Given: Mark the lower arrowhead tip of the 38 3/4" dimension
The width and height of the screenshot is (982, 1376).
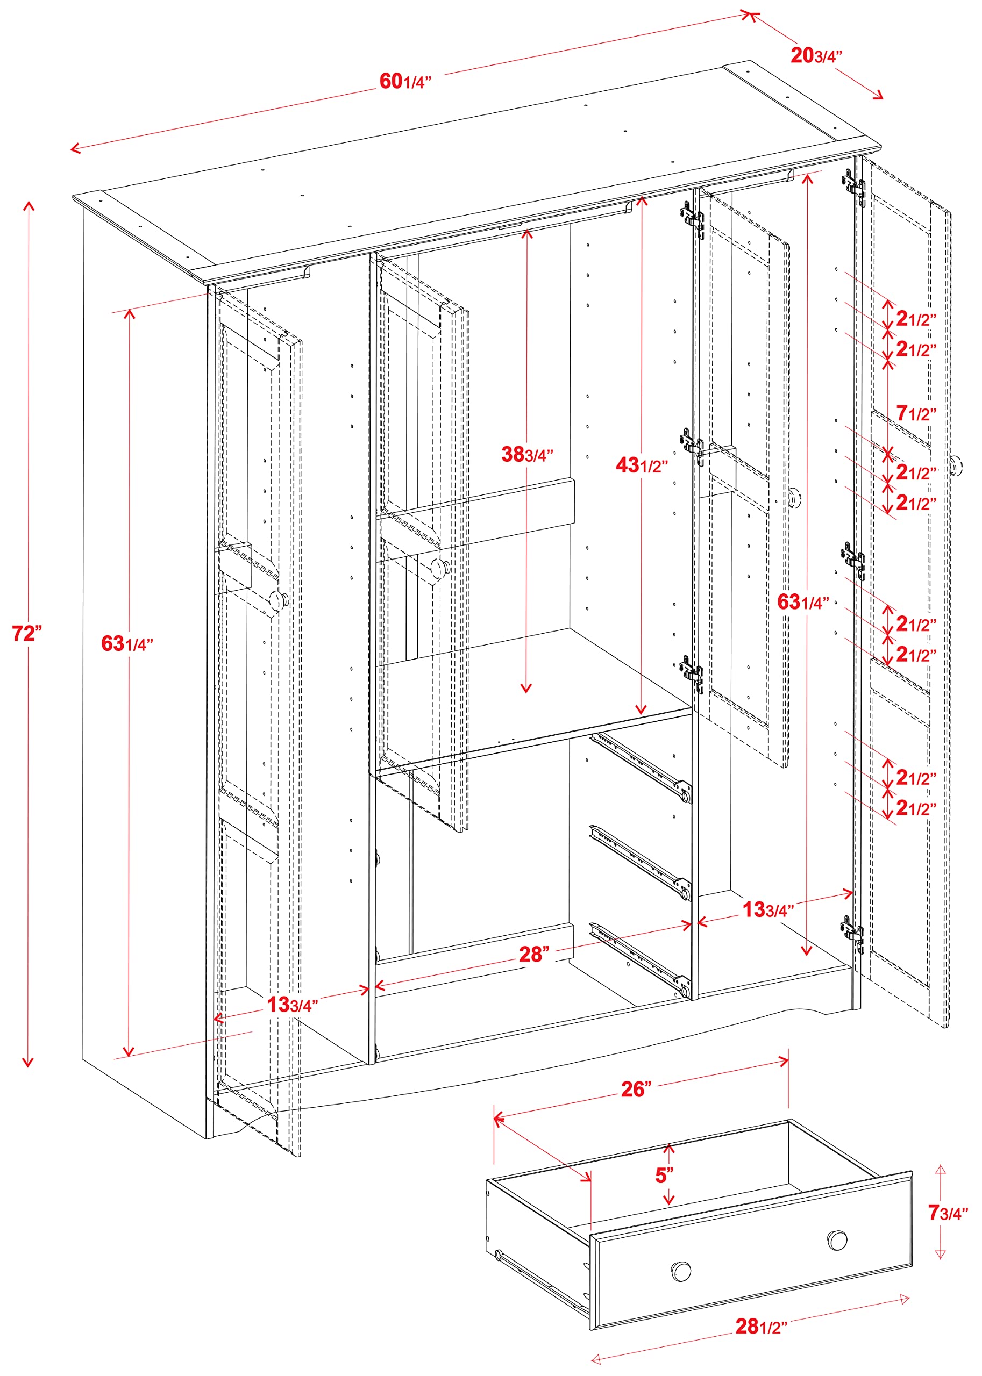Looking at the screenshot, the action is pyautogui.click(x=526, y=692).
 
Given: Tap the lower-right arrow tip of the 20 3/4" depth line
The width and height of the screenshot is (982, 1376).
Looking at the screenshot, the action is pyautogui.click(x=883, y=98).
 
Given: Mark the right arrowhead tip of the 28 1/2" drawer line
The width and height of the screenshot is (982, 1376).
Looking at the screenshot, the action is pyautogui.click(x=909, y=1298).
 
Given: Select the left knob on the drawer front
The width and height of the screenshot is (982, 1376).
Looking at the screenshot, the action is pyautogui.click(x=681, y=1271).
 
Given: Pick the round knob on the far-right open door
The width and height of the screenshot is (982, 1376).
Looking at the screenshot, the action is pyautogui.click(x=956, y=466).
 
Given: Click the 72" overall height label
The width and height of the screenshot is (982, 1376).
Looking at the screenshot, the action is pyautogui.click(x=27, y=633).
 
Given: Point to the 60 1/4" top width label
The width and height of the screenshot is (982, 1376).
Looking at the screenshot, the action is pyautogui.click(x=405, y=81).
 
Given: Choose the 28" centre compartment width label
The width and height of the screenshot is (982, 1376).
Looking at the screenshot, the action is pyautogui.click(x=535, y=954).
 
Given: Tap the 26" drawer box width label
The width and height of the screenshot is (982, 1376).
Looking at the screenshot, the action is pyautogui.click(x=637, y=1089).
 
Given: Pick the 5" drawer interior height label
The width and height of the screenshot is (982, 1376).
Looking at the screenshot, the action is pyautogui.click(x=665, y=1176).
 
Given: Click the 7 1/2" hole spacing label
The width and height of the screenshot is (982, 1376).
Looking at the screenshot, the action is pyautogui.click(x=916, y=413).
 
